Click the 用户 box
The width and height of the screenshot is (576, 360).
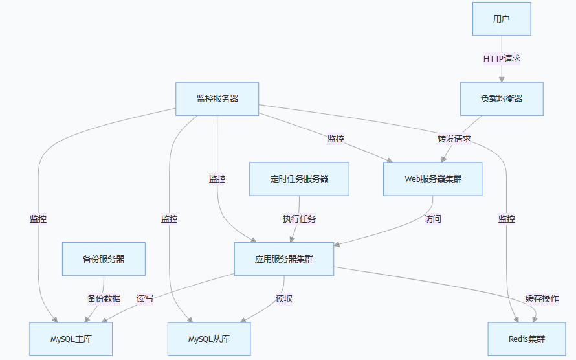502,19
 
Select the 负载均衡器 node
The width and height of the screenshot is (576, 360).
502,98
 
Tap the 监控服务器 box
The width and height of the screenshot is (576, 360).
217,98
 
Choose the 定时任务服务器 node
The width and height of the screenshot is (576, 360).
300,179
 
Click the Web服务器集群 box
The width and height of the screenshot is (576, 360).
433,179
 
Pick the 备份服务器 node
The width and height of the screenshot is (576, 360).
104,259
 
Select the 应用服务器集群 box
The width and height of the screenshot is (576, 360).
284,259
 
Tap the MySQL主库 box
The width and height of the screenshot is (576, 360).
71,339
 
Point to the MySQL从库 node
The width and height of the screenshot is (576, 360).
209,339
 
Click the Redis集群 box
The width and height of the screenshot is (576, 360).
527,339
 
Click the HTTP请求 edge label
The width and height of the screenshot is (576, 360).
502,58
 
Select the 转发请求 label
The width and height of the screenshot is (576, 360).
454,139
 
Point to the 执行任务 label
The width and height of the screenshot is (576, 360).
299,219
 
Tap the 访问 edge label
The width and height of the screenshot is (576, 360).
433,219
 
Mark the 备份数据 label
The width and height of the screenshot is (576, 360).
104,298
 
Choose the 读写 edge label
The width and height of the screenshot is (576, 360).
145,298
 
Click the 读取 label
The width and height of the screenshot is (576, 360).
284,298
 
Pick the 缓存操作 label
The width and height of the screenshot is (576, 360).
542,298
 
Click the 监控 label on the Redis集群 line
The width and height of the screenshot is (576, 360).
507,219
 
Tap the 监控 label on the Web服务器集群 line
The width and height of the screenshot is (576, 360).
336,139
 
